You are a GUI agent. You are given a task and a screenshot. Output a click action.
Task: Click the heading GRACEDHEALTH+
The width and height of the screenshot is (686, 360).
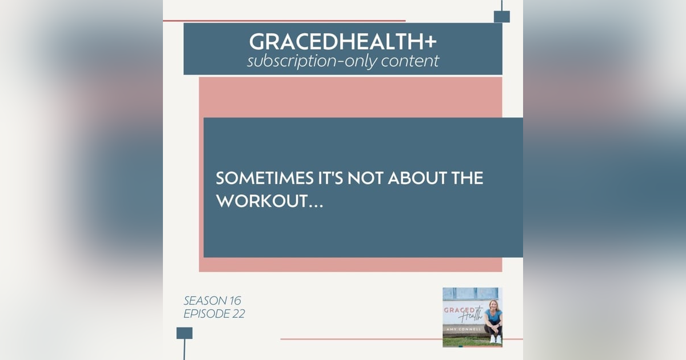[x=342, y=41]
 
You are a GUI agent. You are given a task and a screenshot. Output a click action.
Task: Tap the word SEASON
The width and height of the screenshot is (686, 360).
[x=203, y=301]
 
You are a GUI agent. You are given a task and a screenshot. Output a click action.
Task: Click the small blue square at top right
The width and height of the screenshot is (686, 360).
[x=501, y=17]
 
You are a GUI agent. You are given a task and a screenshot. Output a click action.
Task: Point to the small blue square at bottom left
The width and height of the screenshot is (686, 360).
[x=185, y=333]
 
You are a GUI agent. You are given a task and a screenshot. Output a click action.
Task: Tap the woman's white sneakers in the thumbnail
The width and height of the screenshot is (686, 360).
[x=495, y=339]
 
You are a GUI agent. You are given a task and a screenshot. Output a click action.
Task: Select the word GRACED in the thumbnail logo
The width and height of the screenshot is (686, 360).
[x=459, y=310]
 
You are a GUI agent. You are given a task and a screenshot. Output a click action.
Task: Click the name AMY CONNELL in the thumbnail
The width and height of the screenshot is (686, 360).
[x=464, y=329]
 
